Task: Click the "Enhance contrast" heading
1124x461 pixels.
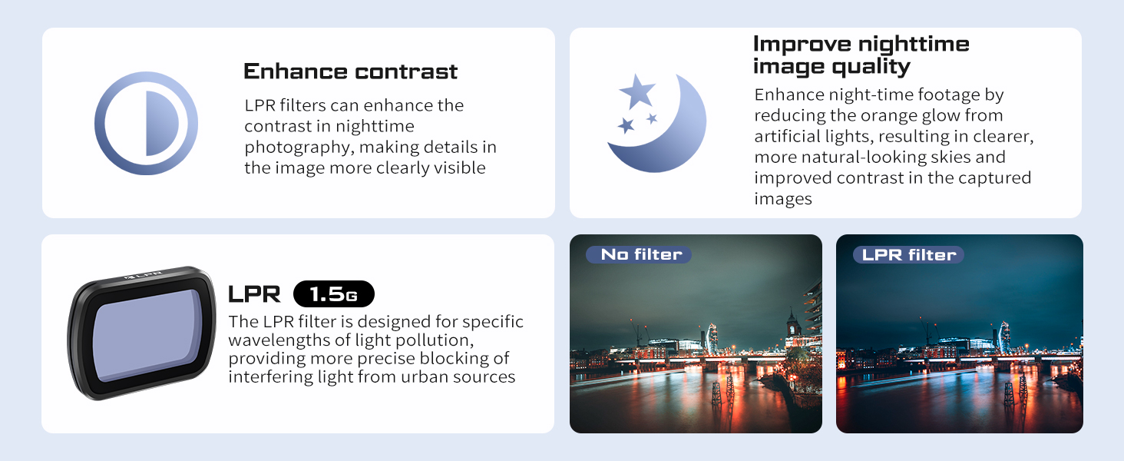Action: pos(350,71)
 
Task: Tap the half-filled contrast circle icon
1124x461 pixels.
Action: pos(146,123)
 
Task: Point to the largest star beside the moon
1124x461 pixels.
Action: pos(637,91)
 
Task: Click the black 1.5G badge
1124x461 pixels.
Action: pos(334,294)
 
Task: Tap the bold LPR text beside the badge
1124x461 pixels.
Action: pos(254,294)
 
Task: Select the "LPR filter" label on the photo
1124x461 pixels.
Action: pos(908,254)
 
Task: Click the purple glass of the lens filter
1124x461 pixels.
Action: pos(147,334)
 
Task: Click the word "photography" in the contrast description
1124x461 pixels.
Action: pos(298,148)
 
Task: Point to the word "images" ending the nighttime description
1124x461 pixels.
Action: pos(783,199)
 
